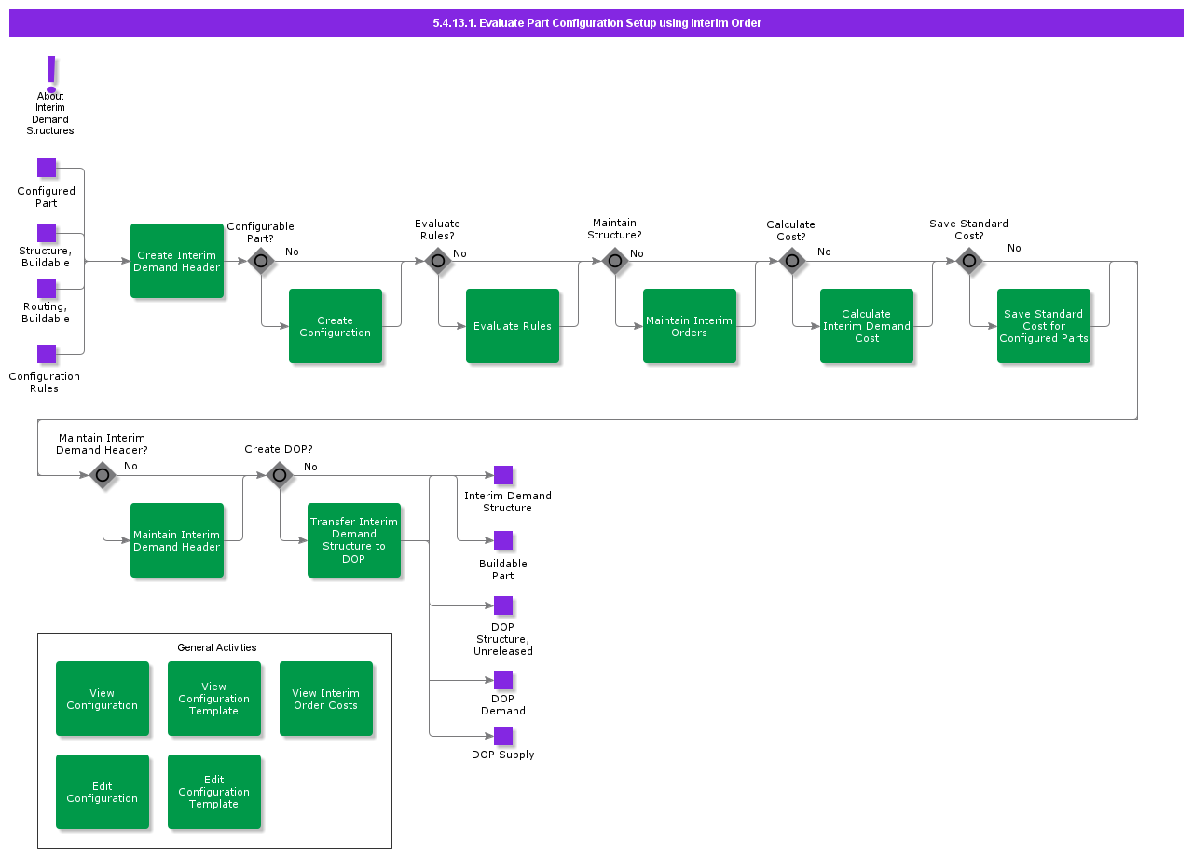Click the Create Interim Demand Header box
[176, 261]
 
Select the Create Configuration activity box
[335, 326]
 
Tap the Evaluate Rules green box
[512, 326]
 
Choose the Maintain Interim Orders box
[689, 326]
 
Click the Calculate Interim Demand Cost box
[866, 326]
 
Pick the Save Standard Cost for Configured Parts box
[1043, 326]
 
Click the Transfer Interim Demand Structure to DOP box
[353, 540]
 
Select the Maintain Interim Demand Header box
[176, 540]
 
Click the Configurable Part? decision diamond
[261, 261]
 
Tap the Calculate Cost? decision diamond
[792, 261]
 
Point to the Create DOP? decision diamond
[280, 475]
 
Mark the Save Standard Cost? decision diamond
[969, 261]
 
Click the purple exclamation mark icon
[51, 73]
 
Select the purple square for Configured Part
[47, 168]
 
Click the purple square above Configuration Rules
[47, 354]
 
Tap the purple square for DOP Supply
[503, 736]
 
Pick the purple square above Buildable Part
[503, 540]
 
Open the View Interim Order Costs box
[325, 699]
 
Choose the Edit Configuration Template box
[213, 792]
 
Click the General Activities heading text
[216, 647]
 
